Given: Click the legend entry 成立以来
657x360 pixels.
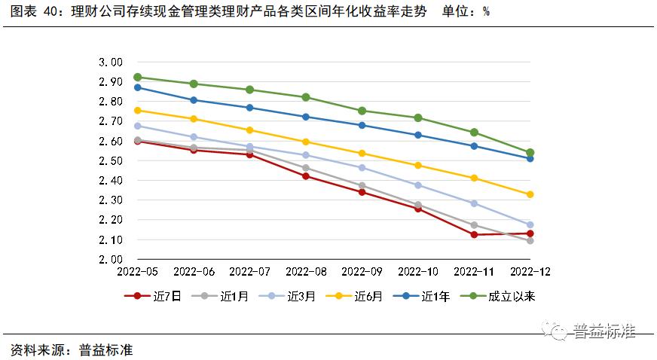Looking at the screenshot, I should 502,296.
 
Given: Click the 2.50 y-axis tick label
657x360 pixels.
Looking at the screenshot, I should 110,161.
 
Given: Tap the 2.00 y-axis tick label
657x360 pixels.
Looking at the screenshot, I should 110,259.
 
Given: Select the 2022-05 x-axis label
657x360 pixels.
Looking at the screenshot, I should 137,271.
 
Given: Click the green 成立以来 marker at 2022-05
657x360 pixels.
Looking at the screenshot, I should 137,77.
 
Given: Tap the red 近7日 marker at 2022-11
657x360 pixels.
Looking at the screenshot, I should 474,234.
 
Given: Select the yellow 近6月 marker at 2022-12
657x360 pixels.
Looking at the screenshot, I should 530,194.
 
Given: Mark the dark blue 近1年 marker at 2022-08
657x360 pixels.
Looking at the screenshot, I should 306,117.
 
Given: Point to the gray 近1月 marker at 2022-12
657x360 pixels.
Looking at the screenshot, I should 530,240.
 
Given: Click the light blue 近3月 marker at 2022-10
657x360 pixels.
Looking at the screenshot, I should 418,185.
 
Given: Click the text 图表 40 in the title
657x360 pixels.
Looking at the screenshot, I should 28,12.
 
